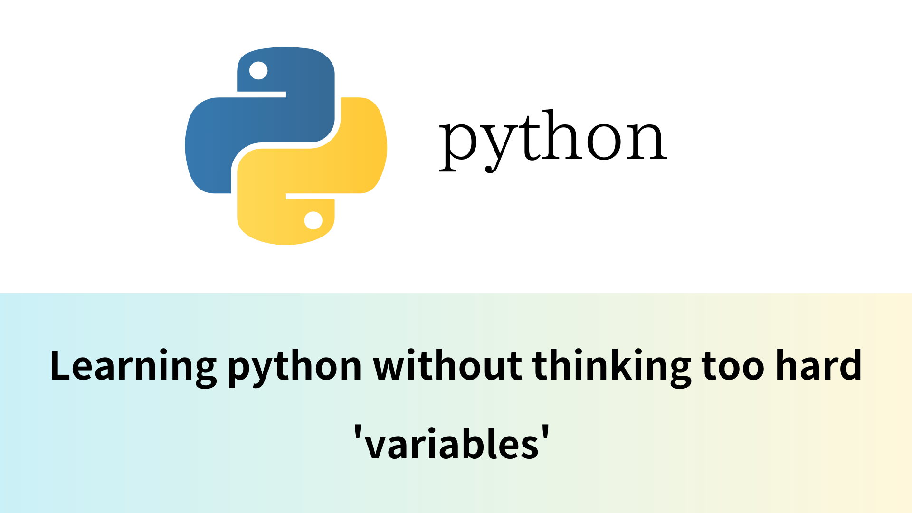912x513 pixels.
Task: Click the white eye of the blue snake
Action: (x=258, y=71)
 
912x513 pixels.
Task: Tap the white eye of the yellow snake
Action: (x=313, y=220)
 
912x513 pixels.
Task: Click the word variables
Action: (x=452, y=443)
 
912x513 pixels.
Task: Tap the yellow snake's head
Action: (x=286, y=219)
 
